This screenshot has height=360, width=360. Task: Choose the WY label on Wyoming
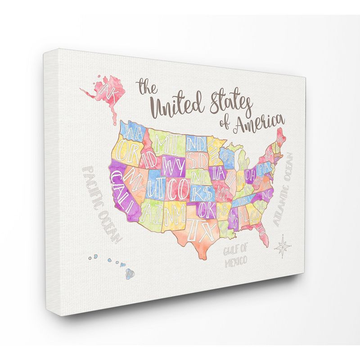(x=174, y=165)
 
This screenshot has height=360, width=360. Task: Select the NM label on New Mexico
(x=173, y=211)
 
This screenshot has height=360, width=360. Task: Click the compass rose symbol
(x=283, y=245)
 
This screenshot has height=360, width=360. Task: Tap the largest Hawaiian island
(x=130, y=273)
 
